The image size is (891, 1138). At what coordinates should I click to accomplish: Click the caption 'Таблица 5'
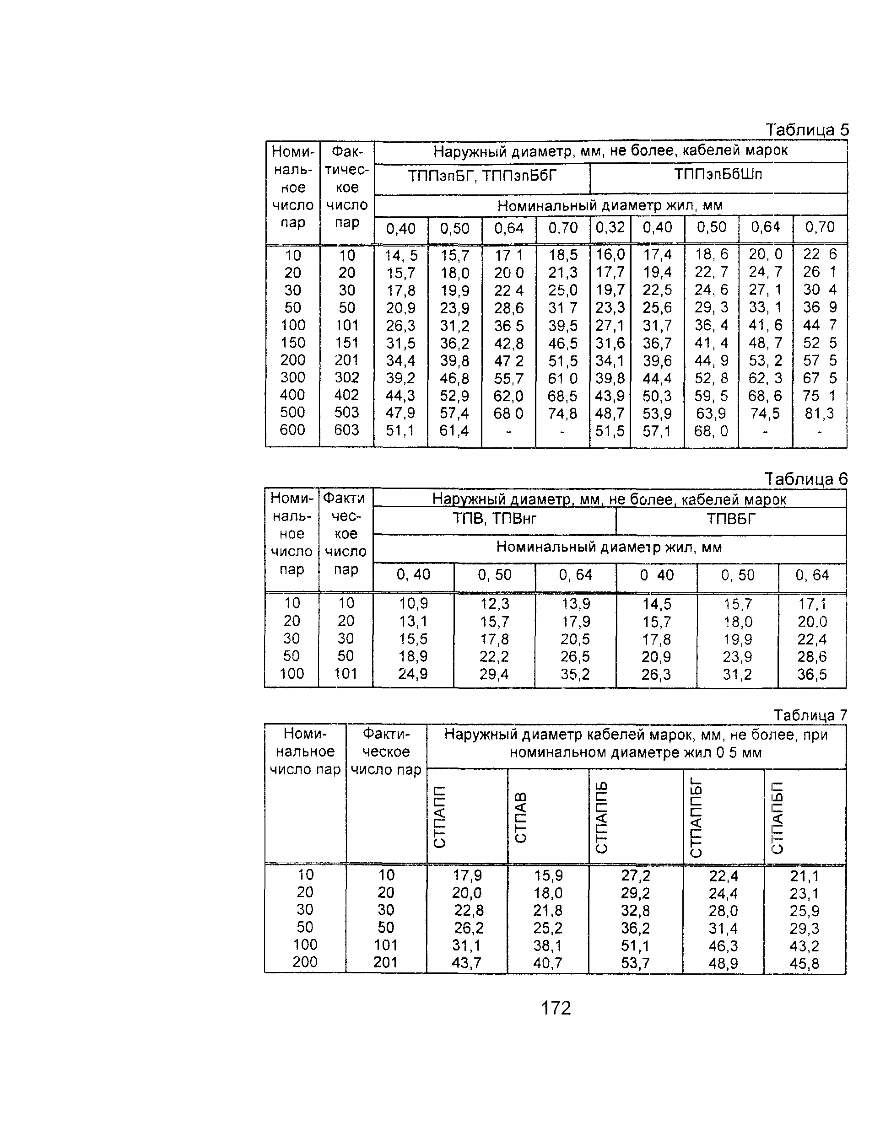[806, 129]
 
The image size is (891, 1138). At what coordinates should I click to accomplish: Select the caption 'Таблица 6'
[805, 478]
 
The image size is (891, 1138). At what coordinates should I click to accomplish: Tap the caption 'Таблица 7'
[810, 715]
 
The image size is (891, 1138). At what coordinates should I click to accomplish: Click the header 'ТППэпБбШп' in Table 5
[718, 175]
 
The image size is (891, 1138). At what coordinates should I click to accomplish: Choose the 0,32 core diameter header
[610, 228]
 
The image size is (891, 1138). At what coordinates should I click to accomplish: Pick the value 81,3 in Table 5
[819, 413]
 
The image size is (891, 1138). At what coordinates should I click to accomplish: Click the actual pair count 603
[346, 430]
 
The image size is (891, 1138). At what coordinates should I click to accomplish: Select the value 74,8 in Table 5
[562, 413]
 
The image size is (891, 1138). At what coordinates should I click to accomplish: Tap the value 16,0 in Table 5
[610, 254]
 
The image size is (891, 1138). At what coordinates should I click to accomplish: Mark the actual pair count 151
[346, 343]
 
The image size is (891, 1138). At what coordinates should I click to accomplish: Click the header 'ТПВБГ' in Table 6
[730, 519]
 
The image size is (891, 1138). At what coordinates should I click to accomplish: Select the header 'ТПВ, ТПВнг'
[494, 519]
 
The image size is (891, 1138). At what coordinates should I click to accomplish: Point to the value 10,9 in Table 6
[413, 604]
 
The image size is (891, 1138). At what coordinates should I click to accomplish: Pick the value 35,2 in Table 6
[575, 674]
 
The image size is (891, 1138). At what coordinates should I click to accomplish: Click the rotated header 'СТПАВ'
[521, 817]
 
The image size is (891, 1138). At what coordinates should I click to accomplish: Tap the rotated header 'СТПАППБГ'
[696, 817]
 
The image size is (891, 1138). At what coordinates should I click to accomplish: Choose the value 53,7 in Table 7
[635, 963]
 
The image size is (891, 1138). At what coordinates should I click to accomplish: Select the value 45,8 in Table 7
[804, 963]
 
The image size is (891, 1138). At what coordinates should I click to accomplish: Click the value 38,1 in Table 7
[548, 945]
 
